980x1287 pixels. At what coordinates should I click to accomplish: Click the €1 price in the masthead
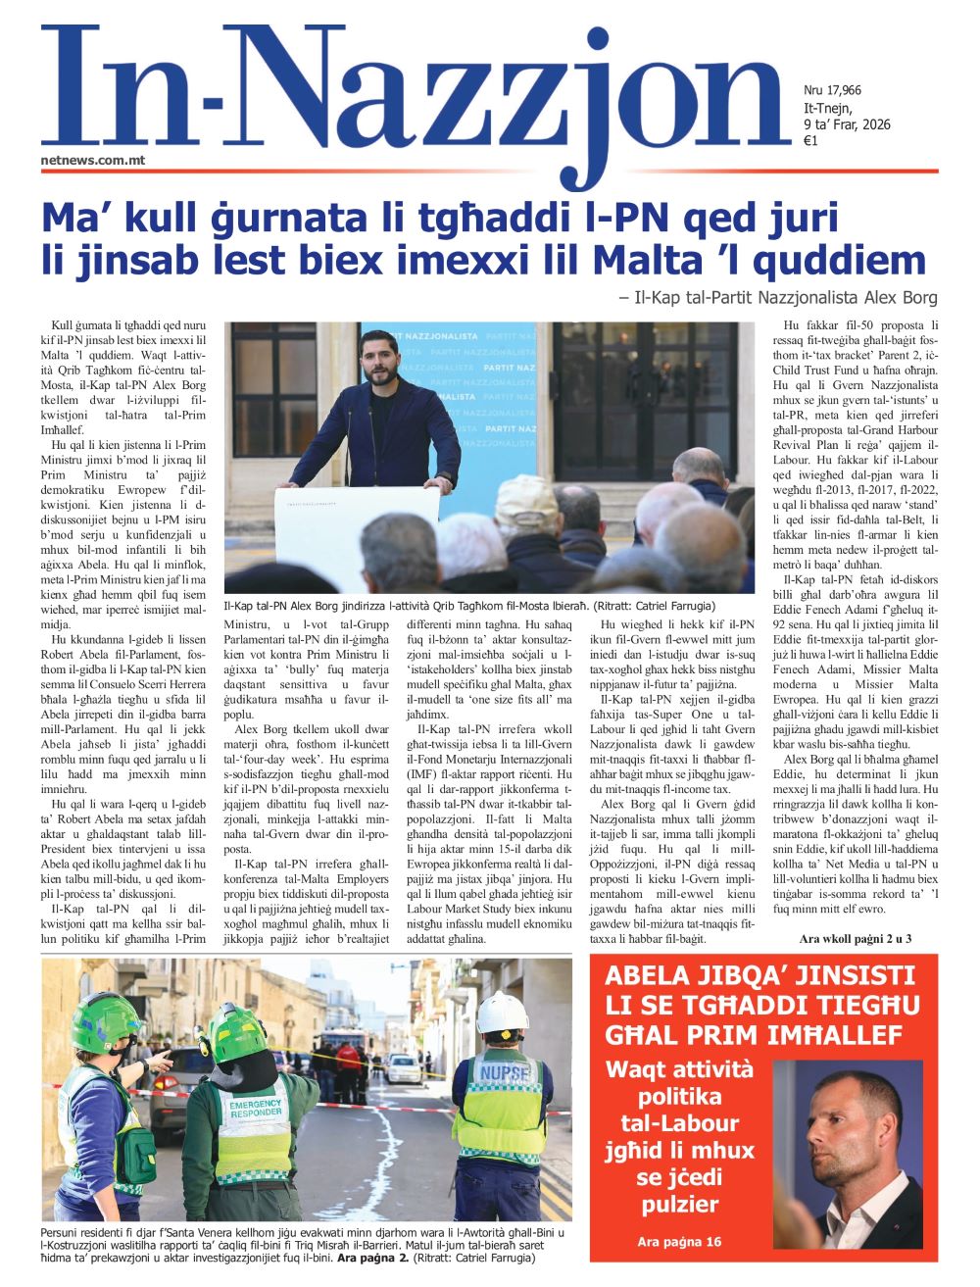tap(810, 141)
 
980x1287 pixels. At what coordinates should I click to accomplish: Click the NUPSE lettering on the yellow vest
tap(506, 1072)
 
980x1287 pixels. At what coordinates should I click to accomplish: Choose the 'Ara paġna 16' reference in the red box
tap(679, 1242)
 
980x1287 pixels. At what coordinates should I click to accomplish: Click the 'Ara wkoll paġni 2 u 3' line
tap(856, 939)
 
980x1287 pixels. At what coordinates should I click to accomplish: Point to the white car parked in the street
tap(403, 1067)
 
